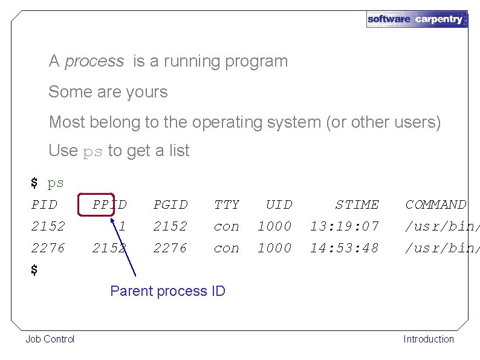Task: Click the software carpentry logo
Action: point(417,19)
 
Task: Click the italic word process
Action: point(94,61)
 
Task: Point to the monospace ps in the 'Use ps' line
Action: point(92,151)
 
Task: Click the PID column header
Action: point(44,205)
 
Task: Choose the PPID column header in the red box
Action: point(109,205)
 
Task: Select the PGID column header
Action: point(170,205)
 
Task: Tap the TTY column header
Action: point(227,205)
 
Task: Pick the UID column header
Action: point(279,205)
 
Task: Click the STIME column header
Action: point(357,205)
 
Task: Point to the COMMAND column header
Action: point(436,205)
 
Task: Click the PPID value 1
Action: point(122,226)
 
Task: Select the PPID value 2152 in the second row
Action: point(109,248)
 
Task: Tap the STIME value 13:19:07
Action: point(345,226)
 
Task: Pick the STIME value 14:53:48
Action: point(345,248)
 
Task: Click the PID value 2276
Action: point(48,248)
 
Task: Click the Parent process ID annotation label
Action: point(167,291)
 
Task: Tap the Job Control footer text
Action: point(50,339)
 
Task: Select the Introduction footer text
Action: point(429,339)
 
